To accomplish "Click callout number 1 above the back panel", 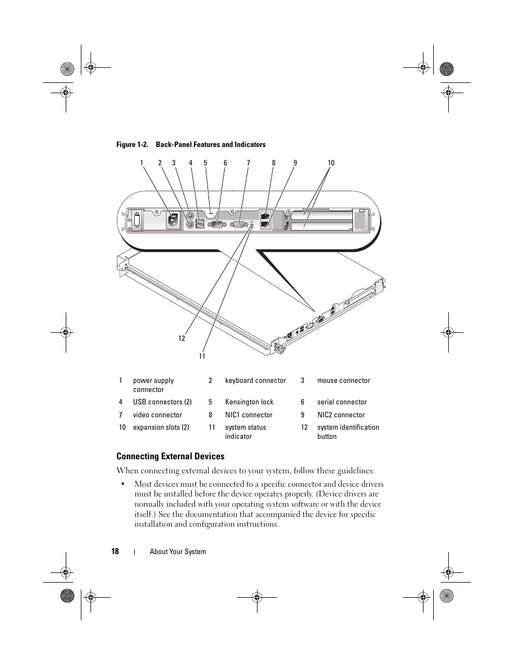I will coord(142,163).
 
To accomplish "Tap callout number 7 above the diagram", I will coord(248,163).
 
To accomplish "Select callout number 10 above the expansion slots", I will coord(331,163).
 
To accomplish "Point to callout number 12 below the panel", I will coord(182,338).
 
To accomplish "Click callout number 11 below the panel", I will coord(202,356).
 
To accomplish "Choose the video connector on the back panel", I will coord(239,225).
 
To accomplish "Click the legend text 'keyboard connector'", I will coord(255,381).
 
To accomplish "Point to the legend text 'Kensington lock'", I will coord(249,402).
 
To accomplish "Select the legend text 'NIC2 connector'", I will coord(341,415).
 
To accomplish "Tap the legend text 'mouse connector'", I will coord(343,381).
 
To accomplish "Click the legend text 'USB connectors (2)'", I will coord(162,402).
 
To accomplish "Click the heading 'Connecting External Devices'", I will coord(170,457).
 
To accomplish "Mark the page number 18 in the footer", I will coord(115,551).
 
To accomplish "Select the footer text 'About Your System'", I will coord(178,552).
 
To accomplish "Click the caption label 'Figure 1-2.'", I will coord(132,145).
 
